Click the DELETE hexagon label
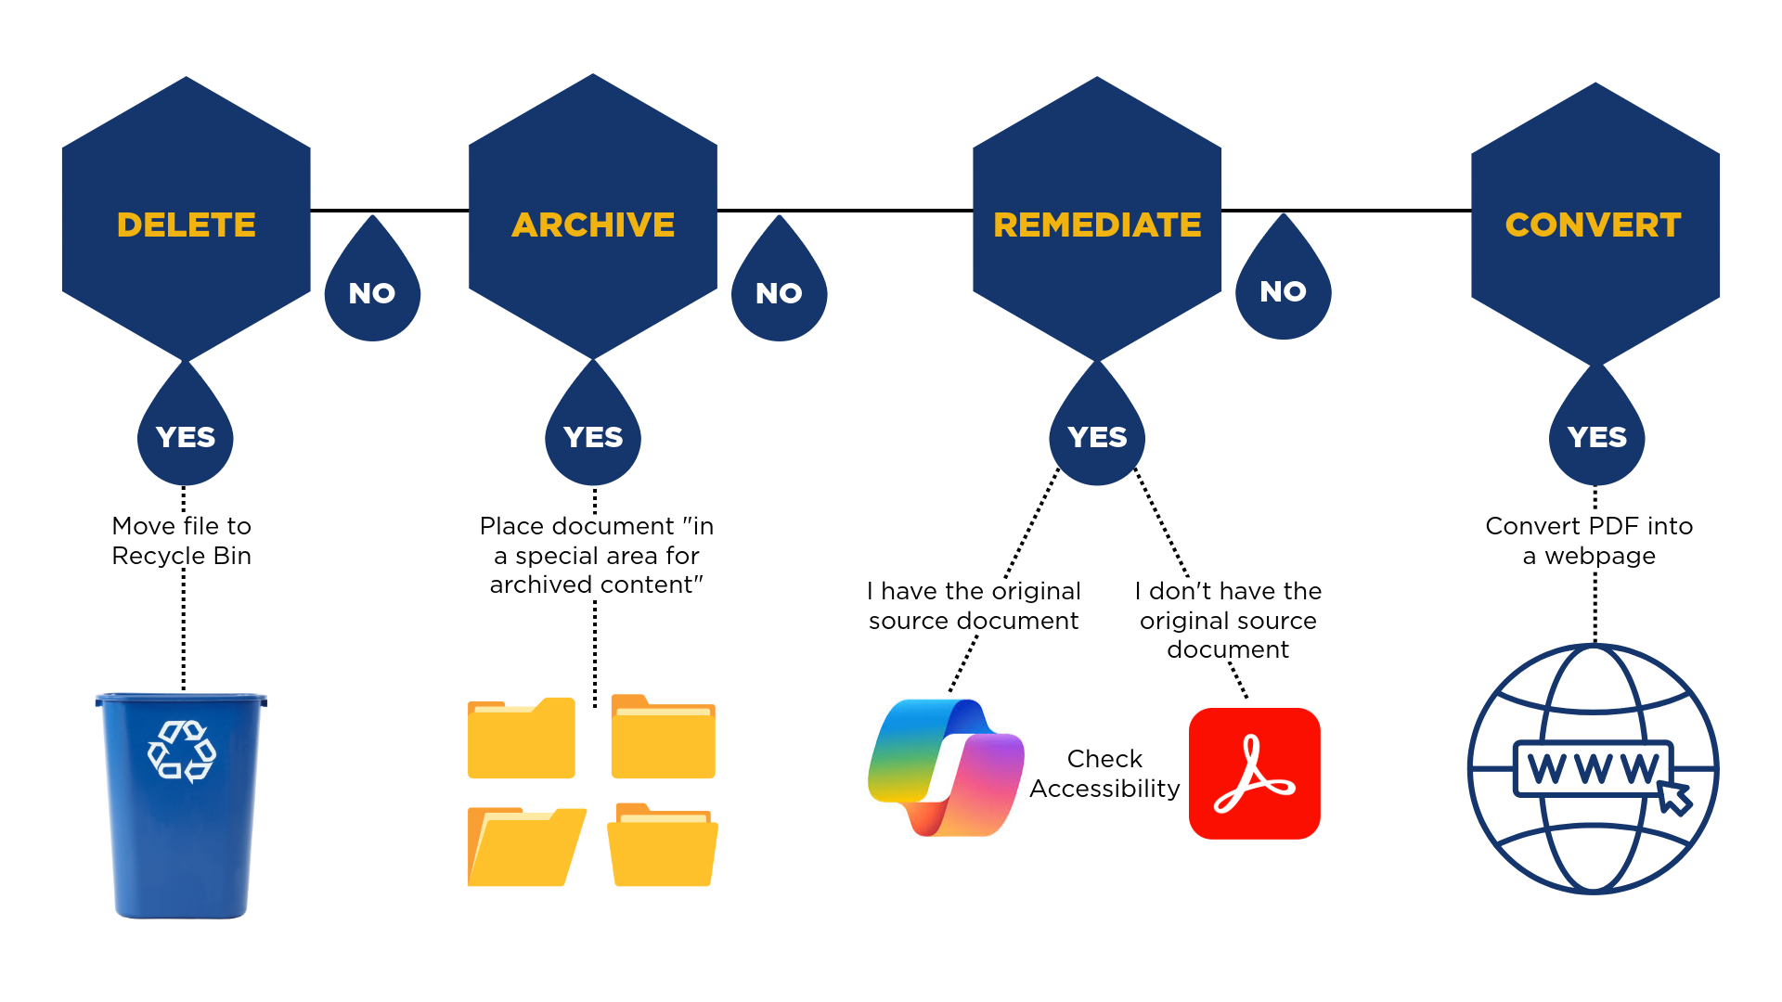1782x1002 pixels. click(186, 225)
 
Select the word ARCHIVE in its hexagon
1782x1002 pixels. click(593, 225)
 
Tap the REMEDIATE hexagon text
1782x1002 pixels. click(1097, 225)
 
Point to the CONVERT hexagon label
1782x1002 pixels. click(1593, 225)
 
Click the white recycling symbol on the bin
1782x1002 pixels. click(182, 751)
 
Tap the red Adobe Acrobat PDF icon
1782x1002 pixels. click(1254, 774)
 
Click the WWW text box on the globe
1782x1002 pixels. click(1591, 768)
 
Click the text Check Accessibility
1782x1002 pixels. click(1104, 773)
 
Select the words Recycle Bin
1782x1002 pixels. click(182, 556)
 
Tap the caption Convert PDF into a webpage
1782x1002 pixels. click(1589, 540)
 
